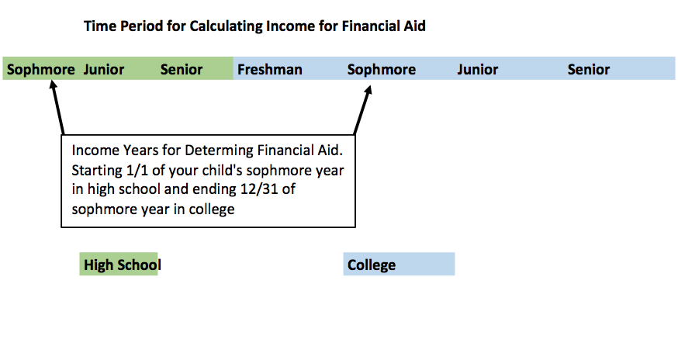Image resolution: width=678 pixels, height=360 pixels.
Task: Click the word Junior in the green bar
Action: click(104, 69)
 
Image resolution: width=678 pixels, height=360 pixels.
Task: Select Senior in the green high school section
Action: click(182, 69)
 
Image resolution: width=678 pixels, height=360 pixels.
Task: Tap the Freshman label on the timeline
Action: click(270, 69)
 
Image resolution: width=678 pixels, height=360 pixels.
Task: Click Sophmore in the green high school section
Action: click(41, 70)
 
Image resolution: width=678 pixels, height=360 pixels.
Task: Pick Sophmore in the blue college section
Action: click(382, 70)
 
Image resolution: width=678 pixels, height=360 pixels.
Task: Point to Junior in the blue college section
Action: click(478, 69)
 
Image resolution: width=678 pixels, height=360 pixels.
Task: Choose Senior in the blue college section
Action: click(589, 69)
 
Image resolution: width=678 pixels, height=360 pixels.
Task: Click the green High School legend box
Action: click(119, 264)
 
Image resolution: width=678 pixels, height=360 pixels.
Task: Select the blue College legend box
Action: click(399, 264)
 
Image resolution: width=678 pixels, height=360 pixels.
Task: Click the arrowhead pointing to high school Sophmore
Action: click(53, 85)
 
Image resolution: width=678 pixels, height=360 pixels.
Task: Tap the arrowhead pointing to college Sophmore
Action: click(368, 89)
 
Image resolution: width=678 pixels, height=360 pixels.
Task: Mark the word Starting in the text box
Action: click(97, 171)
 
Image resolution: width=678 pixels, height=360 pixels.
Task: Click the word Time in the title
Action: click(100, 26)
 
